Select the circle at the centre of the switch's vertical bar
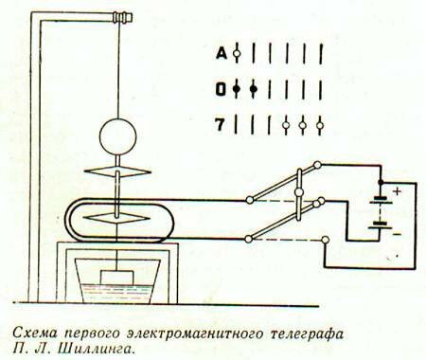click(295, 192)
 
